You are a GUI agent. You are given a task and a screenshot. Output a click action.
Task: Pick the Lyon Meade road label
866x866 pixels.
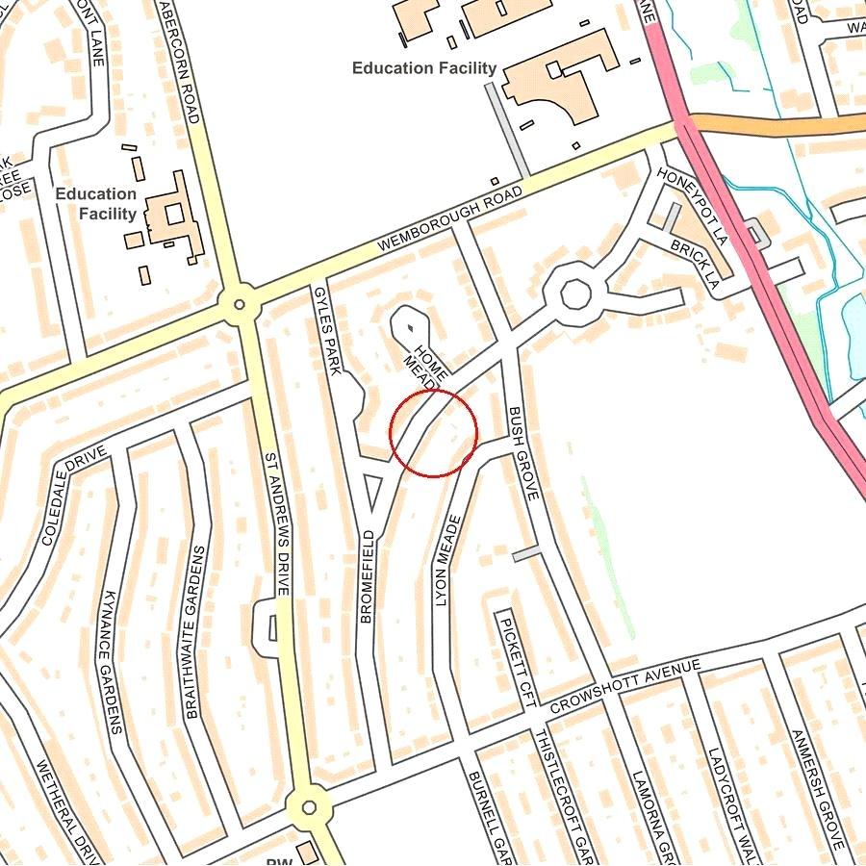pos(448,559)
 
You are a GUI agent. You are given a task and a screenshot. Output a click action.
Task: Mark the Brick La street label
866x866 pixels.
pos(695,265)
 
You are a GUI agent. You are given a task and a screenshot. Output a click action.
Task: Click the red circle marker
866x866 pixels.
pos(434,433)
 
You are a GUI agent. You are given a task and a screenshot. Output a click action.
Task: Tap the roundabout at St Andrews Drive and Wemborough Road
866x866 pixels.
pos(239,305)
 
